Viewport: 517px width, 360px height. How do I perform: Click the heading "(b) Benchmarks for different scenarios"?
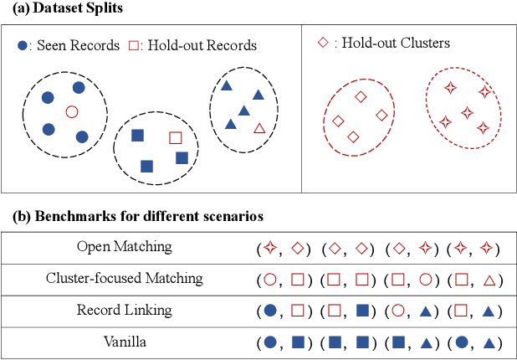138,216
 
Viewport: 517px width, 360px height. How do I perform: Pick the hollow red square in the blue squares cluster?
175,137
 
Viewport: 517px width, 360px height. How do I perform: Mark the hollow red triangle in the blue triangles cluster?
259,128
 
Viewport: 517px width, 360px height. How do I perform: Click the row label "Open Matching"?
124,247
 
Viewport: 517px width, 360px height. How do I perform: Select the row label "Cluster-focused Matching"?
124,278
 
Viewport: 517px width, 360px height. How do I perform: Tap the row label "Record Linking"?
124,310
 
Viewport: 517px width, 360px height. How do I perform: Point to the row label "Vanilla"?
124,342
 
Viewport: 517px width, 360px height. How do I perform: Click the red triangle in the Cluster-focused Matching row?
491,279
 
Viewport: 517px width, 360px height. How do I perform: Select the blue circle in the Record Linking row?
270,311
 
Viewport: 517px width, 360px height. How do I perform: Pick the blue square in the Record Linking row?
362,311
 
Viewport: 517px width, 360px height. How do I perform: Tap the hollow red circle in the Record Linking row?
398,311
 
